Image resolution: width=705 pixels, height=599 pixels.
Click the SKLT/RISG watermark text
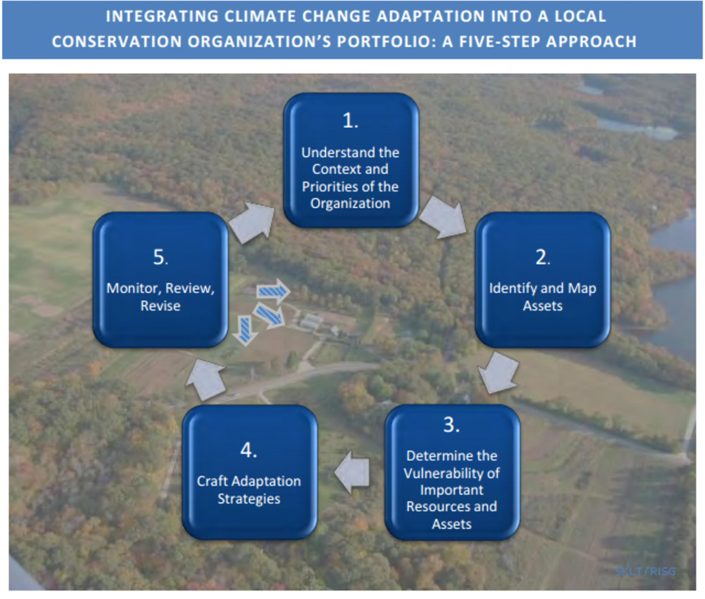(x=645, y=571)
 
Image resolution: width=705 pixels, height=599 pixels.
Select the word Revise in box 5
(x=160, y=306)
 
